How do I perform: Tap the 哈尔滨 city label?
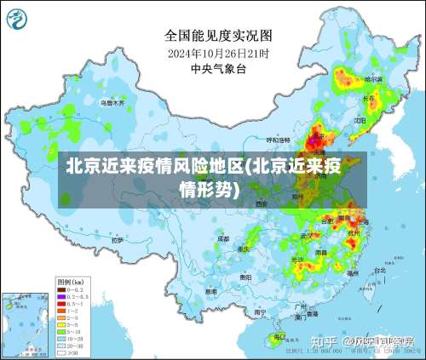pos(373,78)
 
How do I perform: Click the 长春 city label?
pos(368,99)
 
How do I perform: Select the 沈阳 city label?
pos(359,121)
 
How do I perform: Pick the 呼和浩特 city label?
pos(279,139)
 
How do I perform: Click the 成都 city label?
pos(222,239)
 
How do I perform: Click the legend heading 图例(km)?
pos(69,280)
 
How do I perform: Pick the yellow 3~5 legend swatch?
pos(61,324)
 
